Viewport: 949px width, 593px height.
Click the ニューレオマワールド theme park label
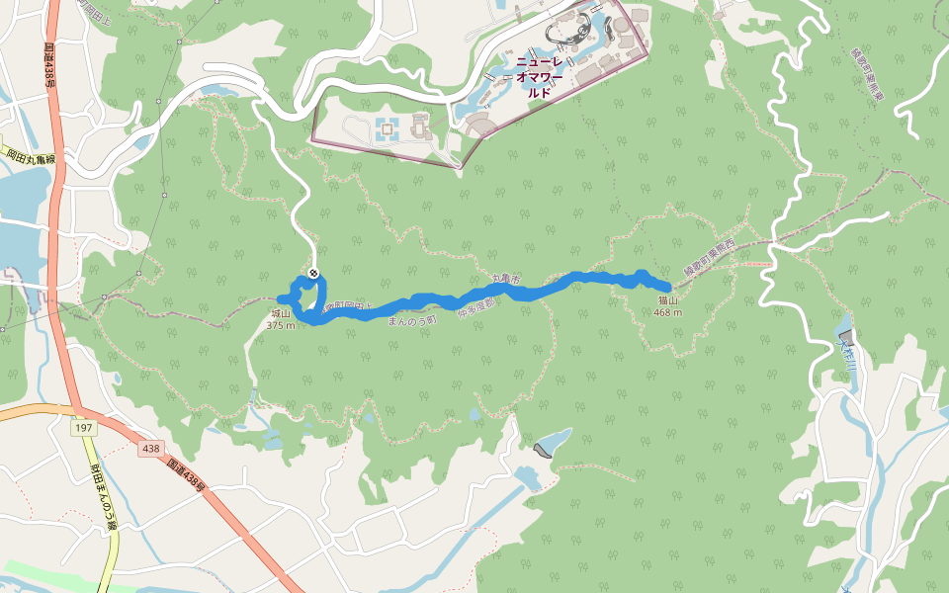[539, 77]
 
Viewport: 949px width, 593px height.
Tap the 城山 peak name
[280, 313]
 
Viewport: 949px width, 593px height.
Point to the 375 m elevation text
[280, 325]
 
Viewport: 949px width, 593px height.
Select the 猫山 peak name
[668, 300]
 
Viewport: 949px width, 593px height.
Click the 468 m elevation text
[668, 312]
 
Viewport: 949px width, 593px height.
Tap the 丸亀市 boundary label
[505, 281]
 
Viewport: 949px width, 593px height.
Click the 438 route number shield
[150, 449]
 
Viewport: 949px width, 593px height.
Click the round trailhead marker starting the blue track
[313, 273]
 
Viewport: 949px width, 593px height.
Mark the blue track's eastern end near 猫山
[670, 288]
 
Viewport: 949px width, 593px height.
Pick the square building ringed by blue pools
[387, 127]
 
